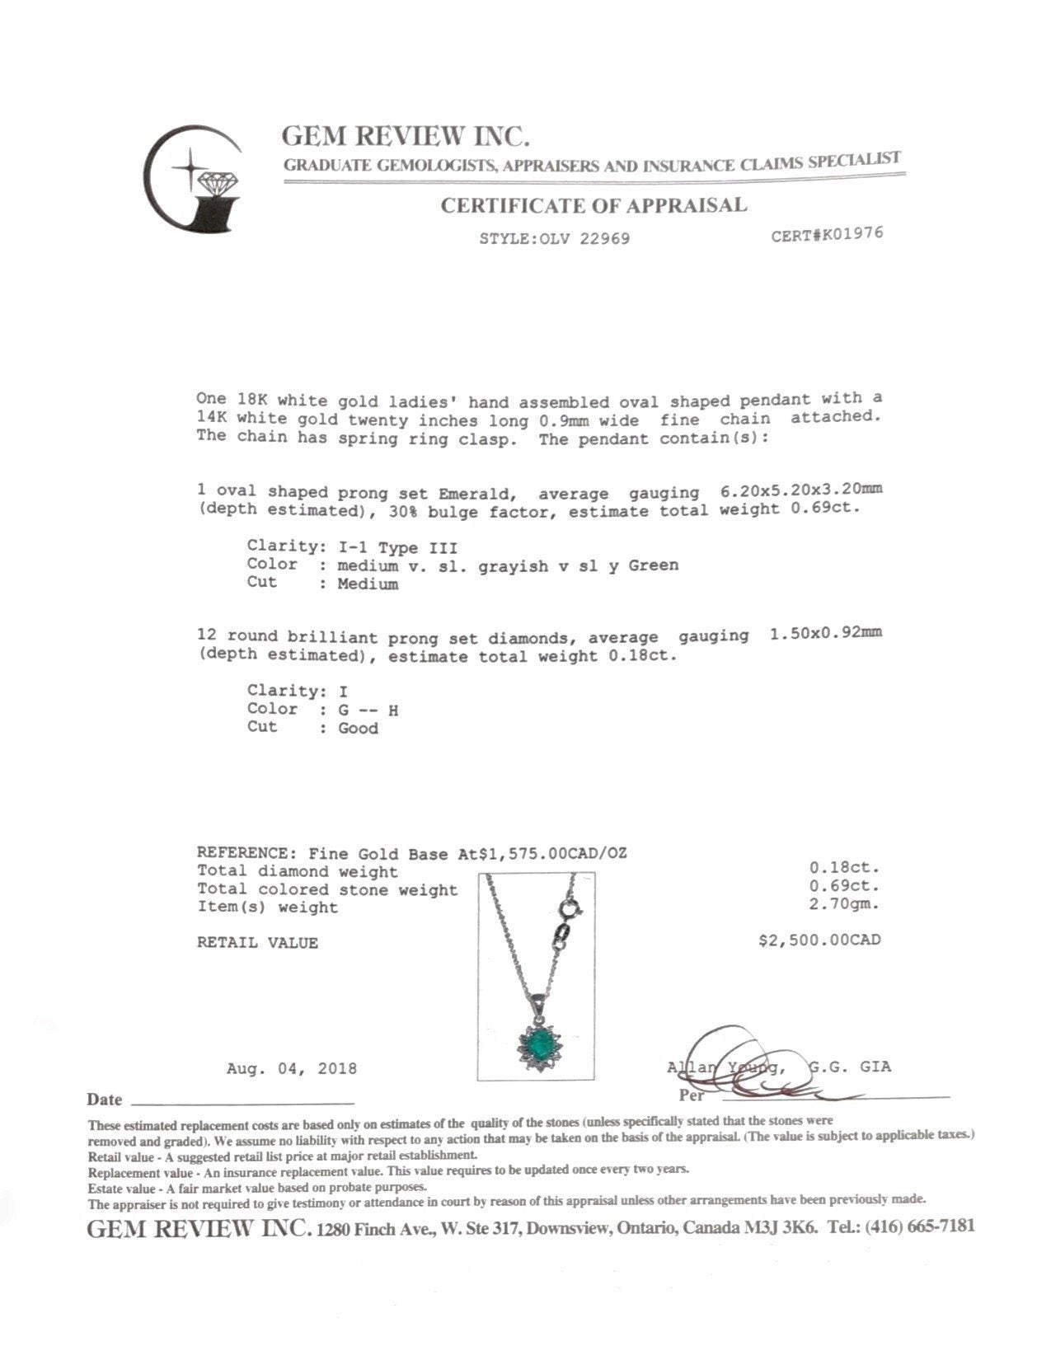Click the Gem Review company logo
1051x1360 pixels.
[192, 180]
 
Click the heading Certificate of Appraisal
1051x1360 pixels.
[593, 205]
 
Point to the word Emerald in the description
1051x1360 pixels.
[477, 494]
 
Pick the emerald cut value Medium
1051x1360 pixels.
[368, 584]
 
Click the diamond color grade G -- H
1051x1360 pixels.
[368, 710]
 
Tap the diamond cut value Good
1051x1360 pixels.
[358, 729]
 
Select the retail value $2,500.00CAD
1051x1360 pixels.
[819, 940]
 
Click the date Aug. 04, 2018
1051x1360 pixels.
[292, 1069]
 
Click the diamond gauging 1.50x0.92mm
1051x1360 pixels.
[825, 634]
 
